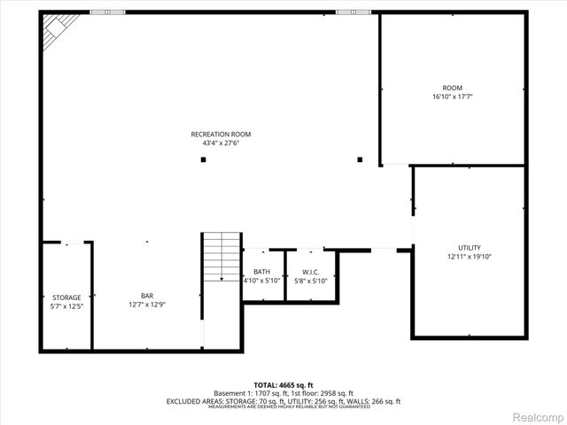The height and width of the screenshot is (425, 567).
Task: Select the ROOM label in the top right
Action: point(453,88)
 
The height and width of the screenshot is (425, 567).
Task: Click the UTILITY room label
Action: point(470,248)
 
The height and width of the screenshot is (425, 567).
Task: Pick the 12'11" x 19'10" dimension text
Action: point(470,256)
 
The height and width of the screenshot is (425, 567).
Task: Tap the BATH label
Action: point(261,272)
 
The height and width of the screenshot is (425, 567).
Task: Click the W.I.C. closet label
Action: point(310,272)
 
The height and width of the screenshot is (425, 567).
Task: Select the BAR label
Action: point(147,297)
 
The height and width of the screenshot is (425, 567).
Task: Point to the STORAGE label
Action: point(66,297)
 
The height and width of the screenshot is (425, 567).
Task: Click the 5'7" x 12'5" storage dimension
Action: point(66,305)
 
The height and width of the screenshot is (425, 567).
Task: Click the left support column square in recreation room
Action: point(203,160)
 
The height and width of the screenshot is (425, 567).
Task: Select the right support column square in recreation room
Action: point(360,160)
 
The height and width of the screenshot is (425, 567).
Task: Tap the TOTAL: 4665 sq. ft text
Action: point(283,385)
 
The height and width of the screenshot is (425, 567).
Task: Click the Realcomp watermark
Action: point(536,415)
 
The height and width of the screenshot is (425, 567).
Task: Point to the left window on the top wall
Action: point(107,12)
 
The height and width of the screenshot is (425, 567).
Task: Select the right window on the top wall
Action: point(347,12)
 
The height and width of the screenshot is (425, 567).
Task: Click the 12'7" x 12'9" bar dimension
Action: point(147,305)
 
